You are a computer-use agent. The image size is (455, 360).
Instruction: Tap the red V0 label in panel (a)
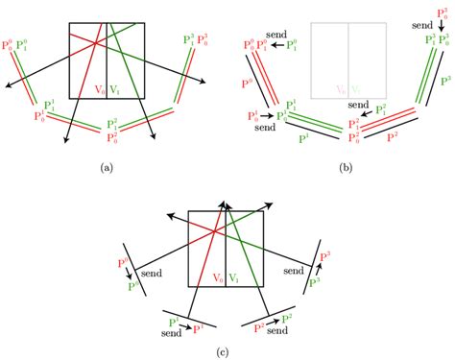[101, 90]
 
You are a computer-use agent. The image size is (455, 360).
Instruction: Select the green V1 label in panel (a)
[115, 90]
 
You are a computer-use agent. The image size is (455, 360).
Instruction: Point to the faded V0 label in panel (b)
[341, 90]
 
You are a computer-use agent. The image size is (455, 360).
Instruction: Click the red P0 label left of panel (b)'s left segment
[247, 84]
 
